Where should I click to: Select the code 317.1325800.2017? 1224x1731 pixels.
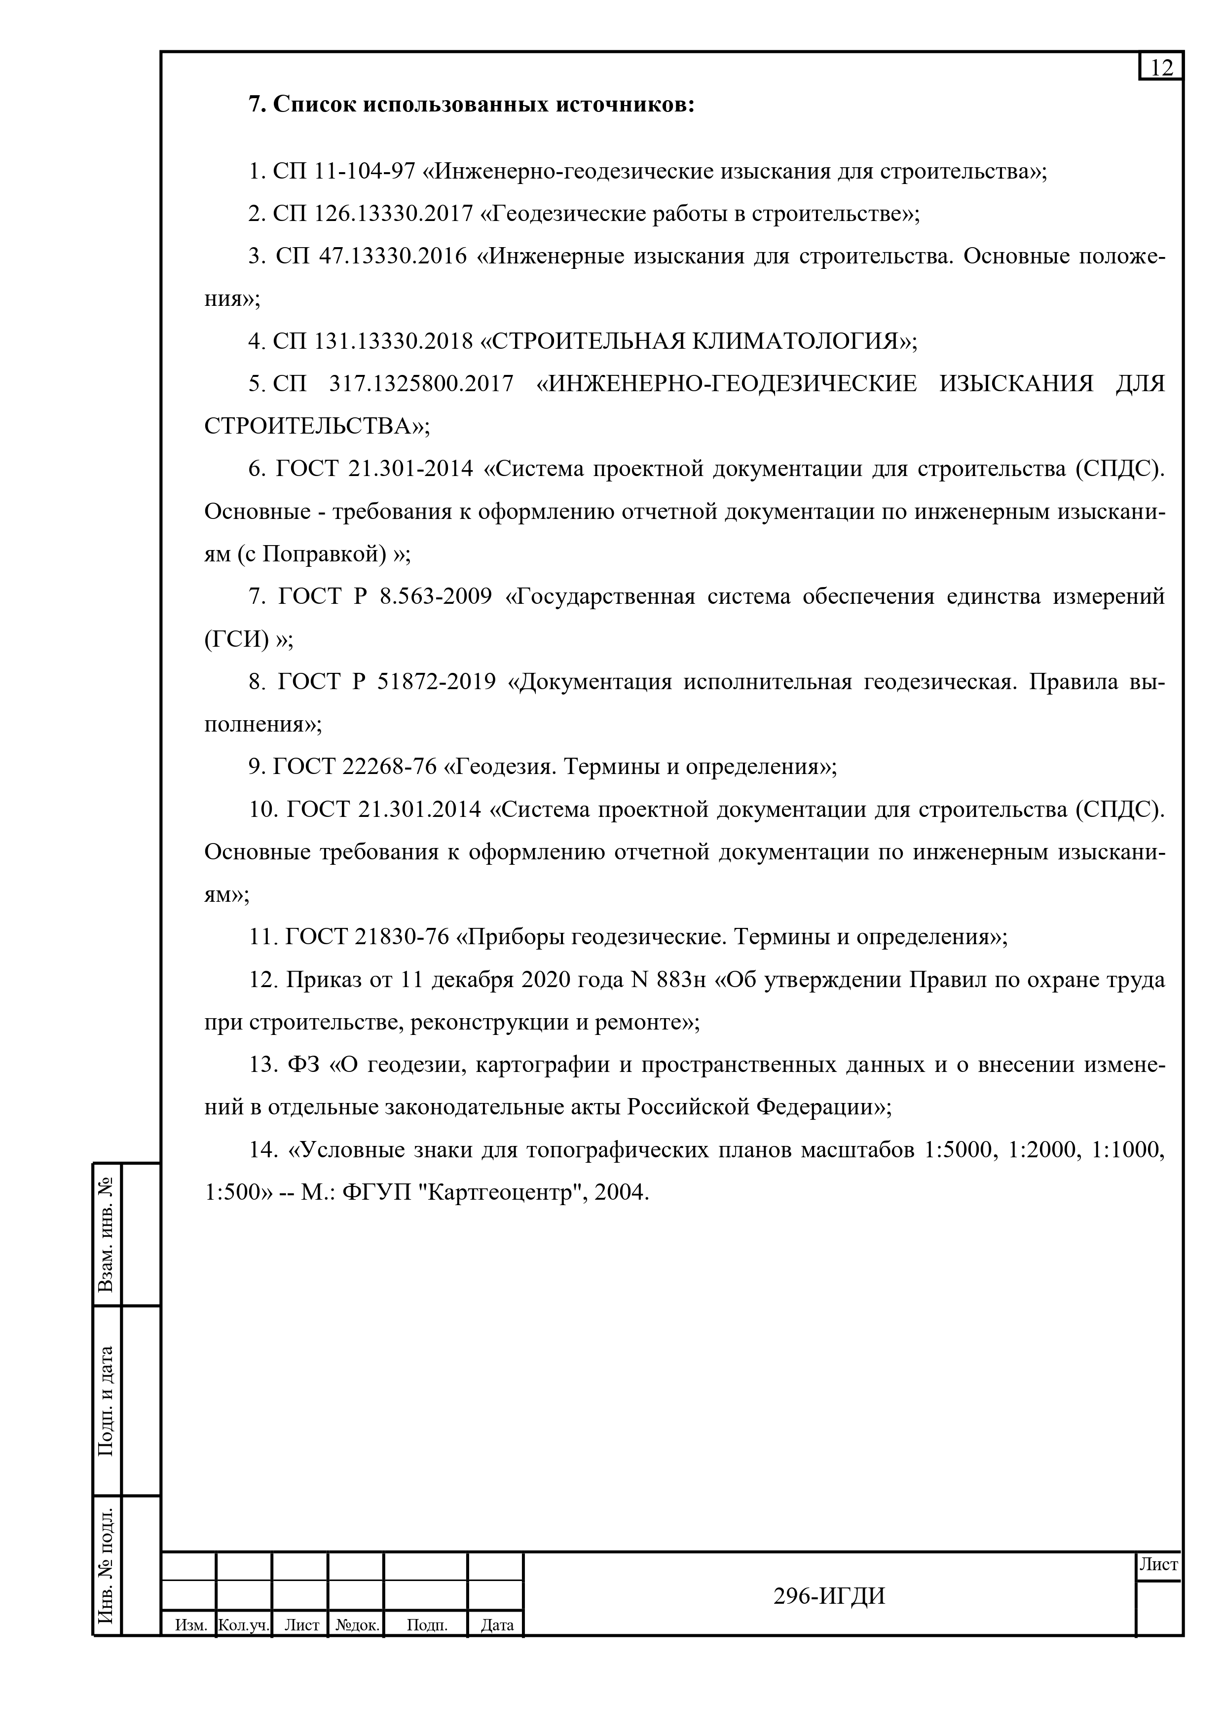(x=422, y=384)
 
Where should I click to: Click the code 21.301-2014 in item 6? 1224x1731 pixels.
(x=411, y=469)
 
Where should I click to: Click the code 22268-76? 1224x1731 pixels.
(x=390, y=767)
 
